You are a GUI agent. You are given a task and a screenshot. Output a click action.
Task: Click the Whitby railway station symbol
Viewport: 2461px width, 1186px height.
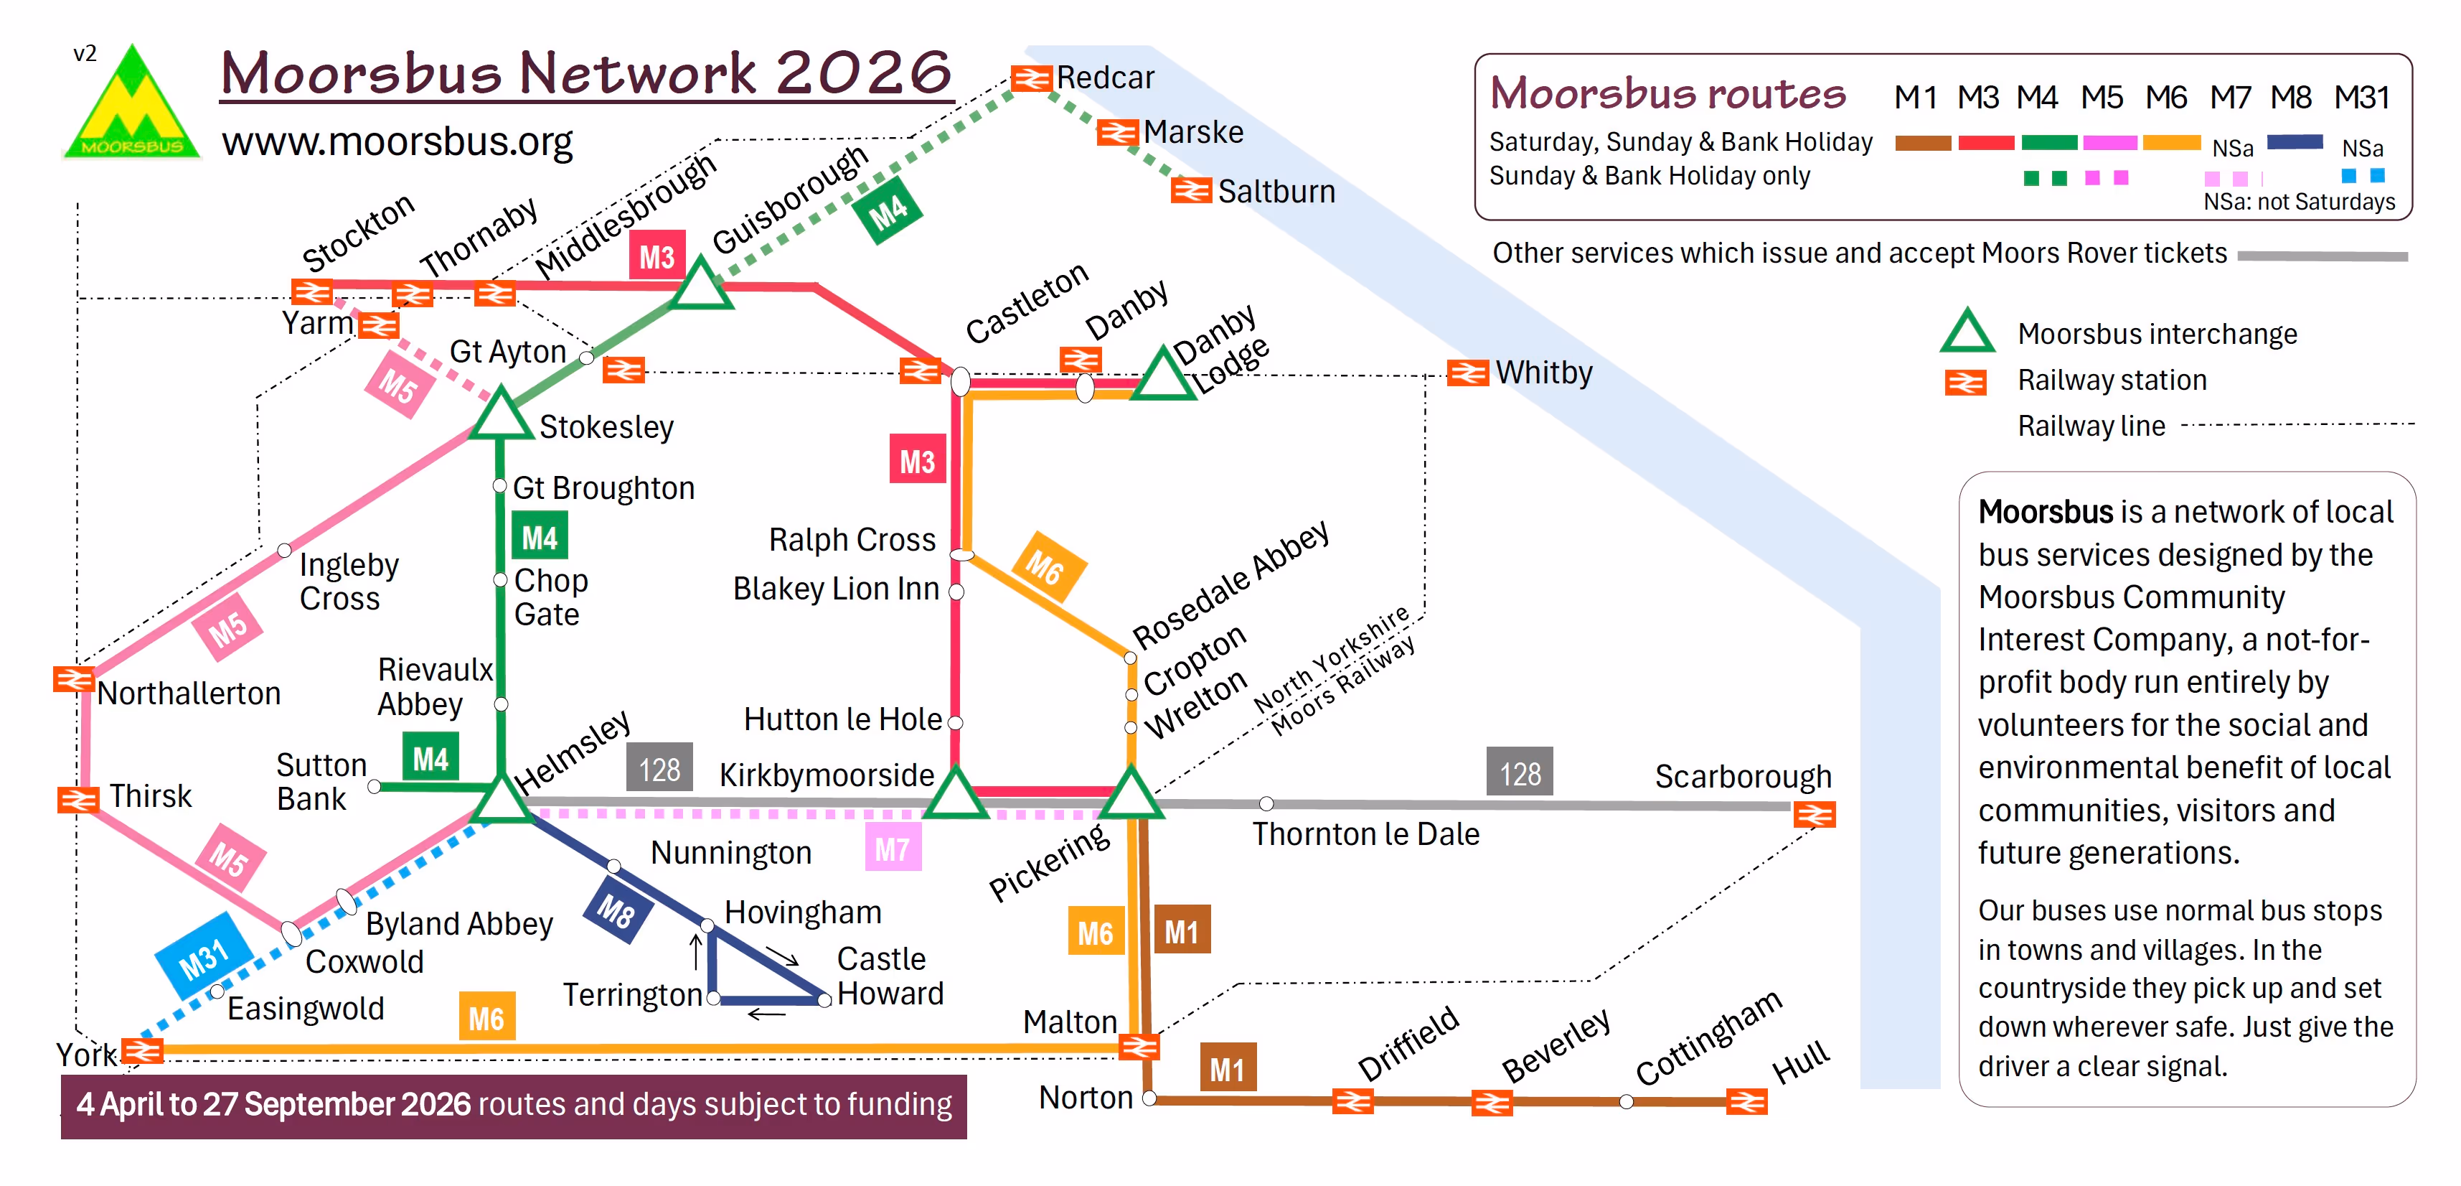[x=1467, y=372]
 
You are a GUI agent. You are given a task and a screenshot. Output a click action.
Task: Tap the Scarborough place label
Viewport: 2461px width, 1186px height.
[x=1743, y=776]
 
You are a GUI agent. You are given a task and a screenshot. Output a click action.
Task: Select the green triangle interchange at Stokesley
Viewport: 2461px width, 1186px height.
[x=499, y=419]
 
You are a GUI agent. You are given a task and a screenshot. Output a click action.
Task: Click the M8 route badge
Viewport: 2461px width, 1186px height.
[x=616, y=912]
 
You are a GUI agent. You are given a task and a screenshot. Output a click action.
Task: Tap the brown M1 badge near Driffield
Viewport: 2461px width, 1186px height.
[x=1227, y=1068]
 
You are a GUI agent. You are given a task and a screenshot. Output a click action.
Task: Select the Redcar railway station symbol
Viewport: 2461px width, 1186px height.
[x=1031, y=78]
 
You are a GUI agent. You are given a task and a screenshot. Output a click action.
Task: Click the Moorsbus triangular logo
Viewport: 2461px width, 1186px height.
[x=132, y=105]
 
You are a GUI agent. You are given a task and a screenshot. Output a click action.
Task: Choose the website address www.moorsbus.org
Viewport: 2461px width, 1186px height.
[x=397, y=141]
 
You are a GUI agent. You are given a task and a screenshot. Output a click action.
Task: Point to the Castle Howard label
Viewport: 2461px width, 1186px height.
[x=890, y=976]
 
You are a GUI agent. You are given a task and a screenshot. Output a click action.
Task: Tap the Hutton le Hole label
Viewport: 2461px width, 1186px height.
[x=842, y=719]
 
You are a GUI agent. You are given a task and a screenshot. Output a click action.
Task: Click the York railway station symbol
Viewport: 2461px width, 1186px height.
[x=142, y=1051]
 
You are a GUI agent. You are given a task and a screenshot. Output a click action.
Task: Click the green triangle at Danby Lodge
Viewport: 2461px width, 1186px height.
[x=1162, y=375]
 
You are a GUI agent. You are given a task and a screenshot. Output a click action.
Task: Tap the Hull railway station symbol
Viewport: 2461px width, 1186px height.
[x=1746, y=1102]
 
